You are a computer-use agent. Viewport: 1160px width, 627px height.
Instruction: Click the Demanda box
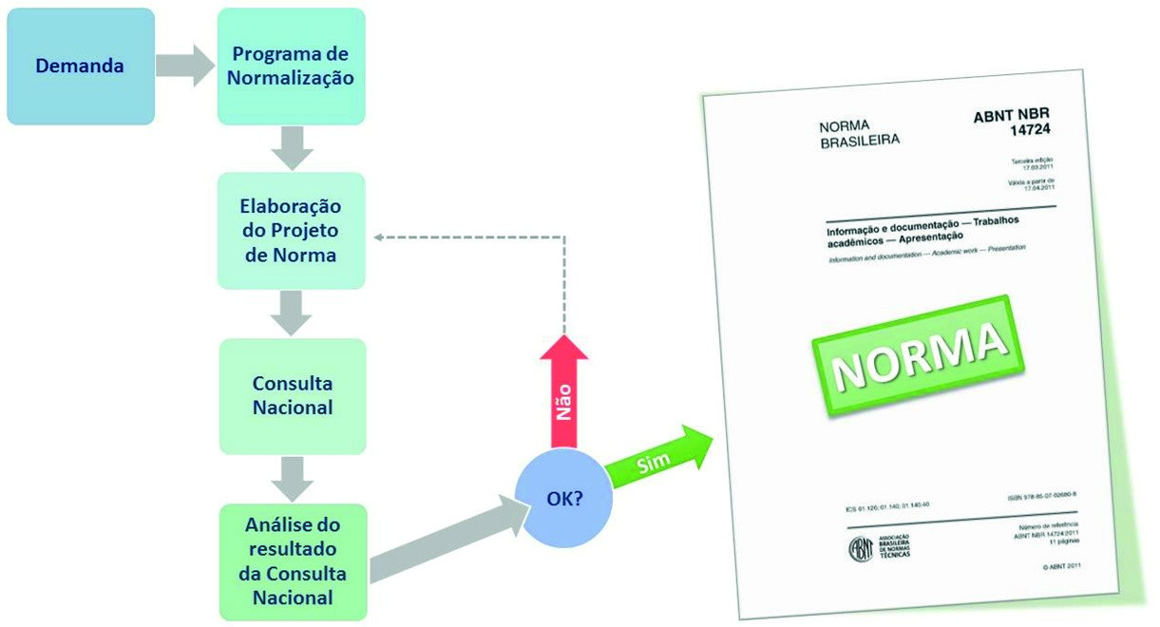pos(80,66)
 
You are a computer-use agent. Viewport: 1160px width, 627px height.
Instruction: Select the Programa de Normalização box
pos(291,66)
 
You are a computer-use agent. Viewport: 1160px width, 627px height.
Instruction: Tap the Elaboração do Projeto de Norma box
pos(291,231)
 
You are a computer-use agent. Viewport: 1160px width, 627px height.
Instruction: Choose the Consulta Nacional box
pos(292,396)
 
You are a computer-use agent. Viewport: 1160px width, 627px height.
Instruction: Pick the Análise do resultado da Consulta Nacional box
pos(292,561)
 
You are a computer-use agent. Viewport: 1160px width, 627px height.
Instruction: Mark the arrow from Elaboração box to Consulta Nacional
pos(292,313)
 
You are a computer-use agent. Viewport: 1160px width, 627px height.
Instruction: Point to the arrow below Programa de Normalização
pos(292,147)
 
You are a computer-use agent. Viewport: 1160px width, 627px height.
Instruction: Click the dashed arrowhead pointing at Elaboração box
pos(379,237)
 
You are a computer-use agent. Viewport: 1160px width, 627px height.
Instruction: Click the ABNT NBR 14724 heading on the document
pos(1013,121)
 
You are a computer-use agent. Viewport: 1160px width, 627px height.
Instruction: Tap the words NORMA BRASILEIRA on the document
pos(858,134)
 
